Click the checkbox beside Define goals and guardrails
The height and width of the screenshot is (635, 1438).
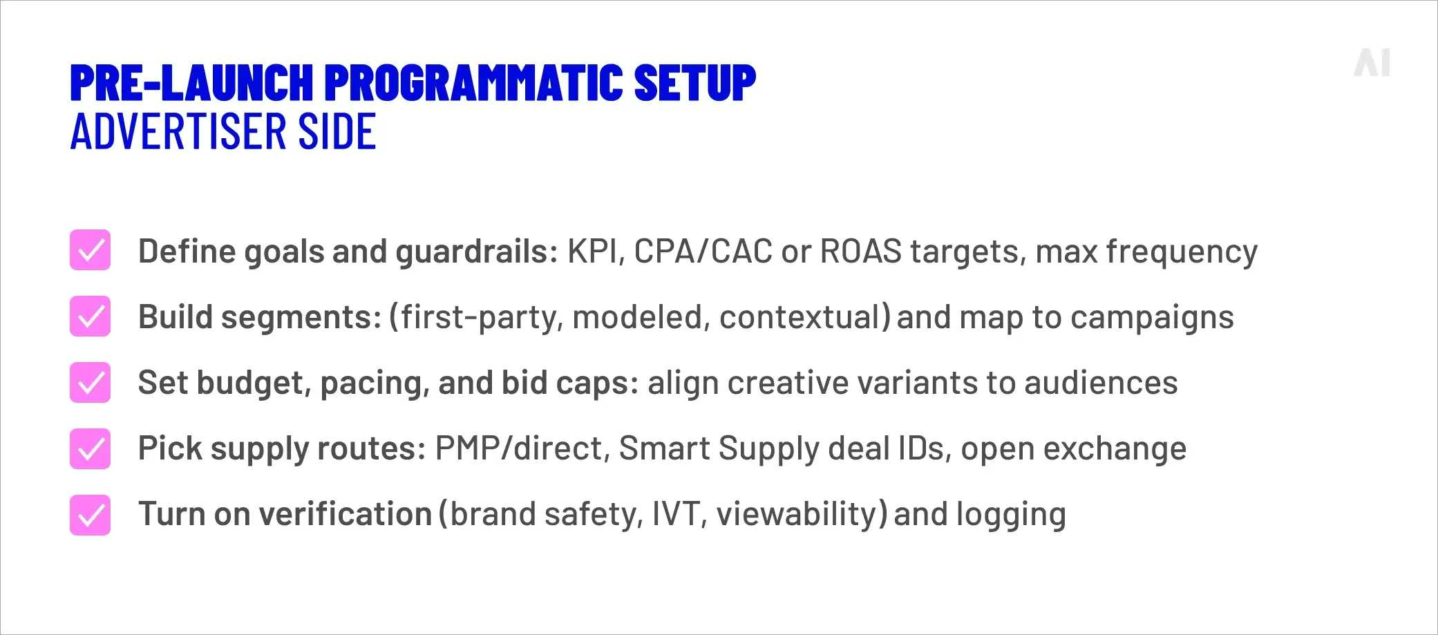point(91,250)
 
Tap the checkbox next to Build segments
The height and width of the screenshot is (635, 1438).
point(91,316)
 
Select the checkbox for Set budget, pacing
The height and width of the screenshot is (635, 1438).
point(91,382)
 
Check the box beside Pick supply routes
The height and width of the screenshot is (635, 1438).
point(91,448)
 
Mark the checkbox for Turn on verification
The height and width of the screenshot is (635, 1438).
point(91,515)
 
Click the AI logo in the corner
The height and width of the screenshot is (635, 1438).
point(1372,63)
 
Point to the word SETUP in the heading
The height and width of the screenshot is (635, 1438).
point(694,83)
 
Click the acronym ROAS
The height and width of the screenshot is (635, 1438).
point(860,251)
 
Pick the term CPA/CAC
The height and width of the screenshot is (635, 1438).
point(703,251)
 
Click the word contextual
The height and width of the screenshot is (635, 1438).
point(804,317)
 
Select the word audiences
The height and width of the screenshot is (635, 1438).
point(1101,383)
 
